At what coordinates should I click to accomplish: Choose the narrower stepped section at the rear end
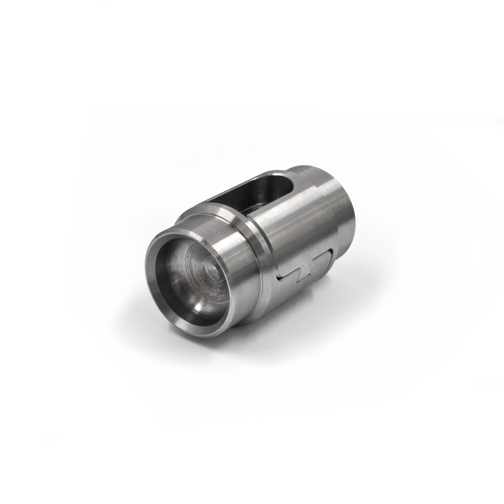pos(340,203)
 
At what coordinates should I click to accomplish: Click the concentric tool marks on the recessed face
pos(199,266)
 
